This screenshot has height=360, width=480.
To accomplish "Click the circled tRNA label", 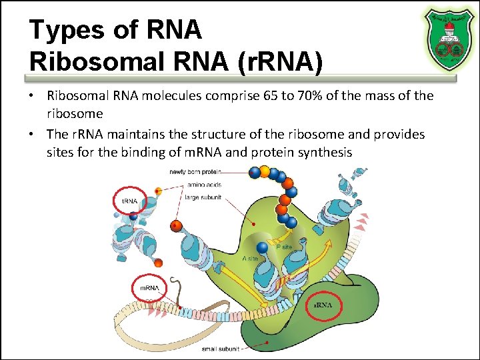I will coord(129,201).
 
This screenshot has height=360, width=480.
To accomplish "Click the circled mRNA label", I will coord(149,288).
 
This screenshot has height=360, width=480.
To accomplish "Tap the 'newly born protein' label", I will coord(195,173).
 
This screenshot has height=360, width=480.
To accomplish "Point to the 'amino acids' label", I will coord(204,185).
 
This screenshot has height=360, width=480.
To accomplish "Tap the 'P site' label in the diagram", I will coord(283,247).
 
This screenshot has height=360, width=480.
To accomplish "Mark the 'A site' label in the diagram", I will coord(250,258).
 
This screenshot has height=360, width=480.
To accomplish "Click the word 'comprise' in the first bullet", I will coord(229,96).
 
